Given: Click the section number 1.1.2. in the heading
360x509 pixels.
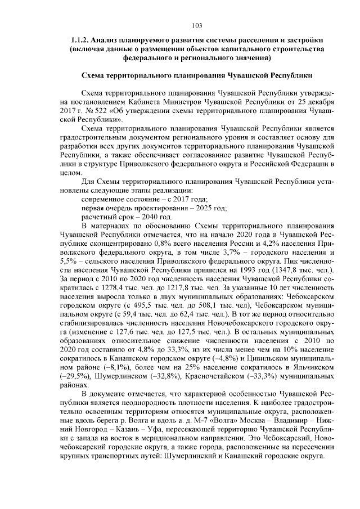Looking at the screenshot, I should tap(80, 40).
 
